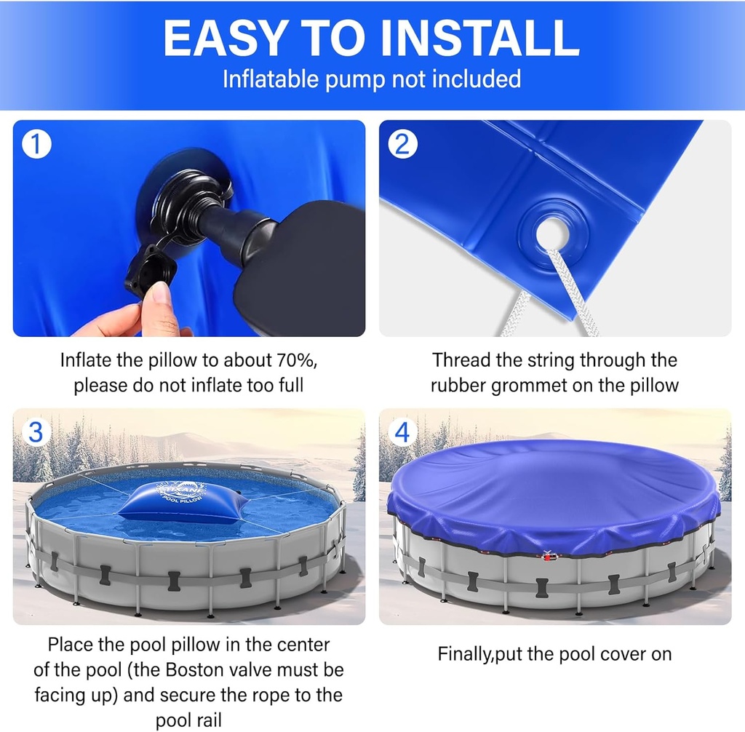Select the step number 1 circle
[x=36, y=145]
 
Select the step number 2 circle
[x=402, y=145]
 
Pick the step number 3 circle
[x=36, y=433]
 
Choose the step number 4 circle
[x=402, y=433]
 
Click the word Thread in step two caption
[x=461, y=360]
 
